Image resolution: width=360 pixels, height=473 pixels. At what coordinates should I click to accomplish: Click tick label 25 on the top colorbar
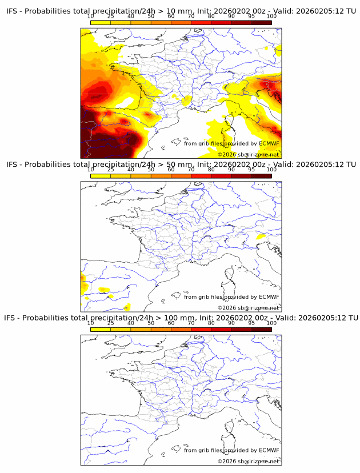[110, 16]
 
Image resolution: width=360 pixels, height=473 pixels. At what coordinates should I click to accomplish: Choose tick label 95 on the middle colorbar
[251, 170]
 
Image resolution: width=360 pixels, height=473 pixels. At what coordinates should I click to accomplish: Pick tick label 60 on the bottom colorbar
[171, 323]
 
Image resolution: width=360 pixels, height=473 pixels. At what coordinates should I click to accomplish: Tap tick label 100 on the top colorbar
[271, 16]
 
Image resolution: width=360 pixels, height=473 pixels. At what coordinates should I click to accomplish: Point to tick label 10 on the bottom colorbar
[90, 323]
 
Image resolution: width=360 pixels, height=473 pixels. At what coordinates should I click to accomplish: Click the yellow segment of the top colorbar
[100, 22]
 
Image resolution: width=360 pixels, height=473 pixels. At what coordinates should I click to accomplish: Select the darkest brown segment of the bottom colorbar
[262, 329]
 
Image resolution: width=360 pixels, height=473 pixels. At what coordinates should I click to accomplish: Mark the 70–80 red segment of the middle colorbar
[201, 176]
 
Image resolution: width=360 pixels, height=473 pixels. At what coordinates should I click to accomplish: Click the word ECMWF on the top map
[269, 143]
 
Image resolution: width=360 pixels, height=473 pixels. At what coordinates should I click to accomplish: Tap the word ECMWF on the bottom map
[269, 450]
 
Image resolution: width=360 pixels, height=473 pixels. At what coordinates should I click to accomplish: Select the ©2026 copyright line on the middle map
[248, 308]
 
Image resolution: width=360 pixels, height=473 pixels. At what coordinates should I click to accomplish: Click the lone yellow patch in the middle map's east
[261, 236]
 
